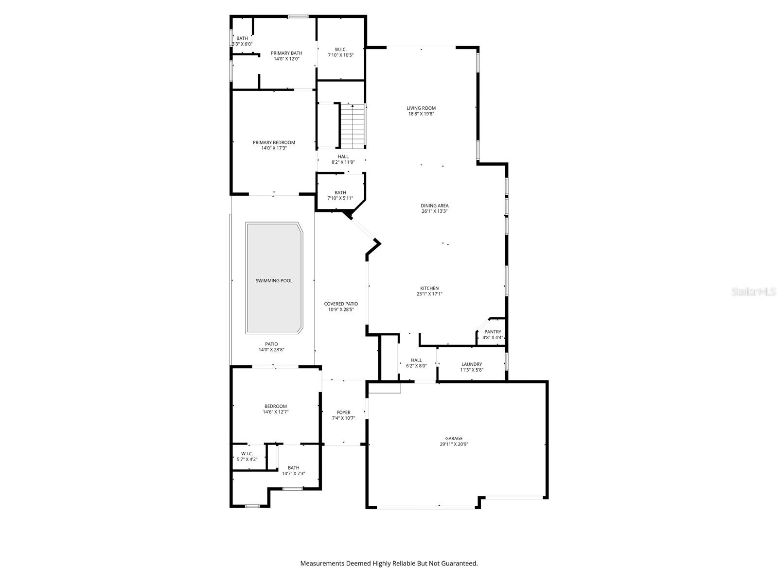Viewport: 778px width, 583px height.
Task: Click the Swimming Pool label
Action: pyautogui.click(x=274, y=281)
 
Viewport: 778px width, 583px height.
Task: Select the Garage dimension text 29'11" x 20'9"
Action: pyautogui.click(x=454, y=444)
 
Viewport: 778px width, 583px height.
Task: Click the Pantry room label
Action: pyautogui.click(x=493, y=332)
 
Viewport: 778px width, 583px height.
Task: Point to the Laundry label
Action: pyautogui.click(x=471, y=364)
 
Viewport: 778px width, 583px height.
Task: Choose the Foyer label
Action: pyautogui.click(x=343, y=412)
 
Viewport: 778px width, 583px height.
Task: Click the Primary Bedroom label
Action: pyautogui.click(x=274, y=142)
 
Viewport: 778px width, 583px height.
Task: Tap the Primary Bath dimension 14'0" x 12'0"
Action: pyautogui.click(x=286, y=59)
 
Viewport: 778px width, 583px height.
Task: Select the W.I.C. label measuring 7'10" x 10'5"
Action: pyautogui.click(x=340, y=49)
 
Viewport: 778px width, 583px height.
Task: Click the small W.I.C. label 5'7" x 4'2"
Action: pyautogui.click(x=247, y=453)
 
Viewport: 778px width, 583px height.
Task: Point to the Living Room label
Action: pyautogui.click(x=421, y=108)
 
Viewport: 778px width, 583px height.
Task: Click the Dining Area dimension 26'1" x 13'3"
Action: pyautogui.click(x=434, y=211)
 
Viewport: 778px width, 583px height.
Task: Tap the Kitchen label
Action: pyautogui.click(x=429, y=288)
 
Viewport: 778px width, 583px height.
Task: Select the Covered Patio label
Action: pyautogui.click(x=341, y=304)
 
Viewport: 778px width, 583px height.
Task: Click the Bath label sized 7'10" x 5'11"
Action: pyautogui.click(x=340, y=192)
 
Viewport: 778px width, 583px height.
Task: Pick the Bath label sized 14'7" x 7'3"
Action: pyautogui.click(x=293, y=468)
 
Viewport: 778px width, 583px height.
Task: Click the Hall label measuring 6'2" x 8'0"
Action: pyautogui.click(x=416, y=360)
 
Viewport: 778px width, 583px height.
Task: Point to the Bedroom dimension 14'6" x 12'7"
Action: pyautogui.click(x=275, y=412)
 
